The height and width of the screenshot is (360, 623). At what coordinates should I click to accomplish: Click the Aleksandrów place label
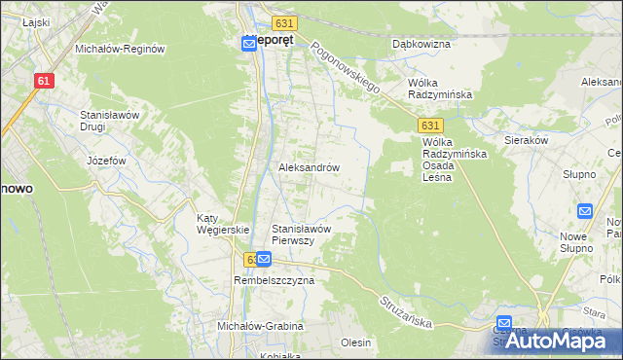309,167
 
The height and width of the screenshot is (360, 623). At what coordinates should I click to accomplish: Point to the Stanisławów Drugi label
111,121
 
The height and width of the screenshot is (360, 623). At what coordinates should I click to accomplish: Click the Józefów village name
107,161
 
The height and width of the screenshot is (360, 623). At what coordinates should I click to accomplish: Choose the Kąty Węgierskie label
223,223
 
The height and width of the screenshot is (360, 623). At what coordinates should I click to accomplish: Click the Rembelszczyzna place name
274,280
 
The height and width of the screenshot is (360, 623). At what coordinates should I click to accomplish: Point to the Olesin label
355,342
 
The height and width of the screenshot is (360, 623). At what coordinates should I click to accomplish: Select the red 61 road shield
42,82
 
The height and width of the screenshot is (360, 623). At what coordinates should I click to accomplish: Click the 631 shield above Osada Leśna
432,126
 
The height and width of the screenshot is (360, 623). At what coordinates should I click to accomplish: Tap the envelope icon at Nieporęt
250,44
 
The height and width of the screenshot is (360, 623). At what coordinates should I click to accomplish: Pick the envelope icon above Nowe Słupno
585,210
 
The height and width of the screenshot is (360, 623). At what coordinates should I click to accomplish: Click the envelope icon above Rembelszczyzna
263,260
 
